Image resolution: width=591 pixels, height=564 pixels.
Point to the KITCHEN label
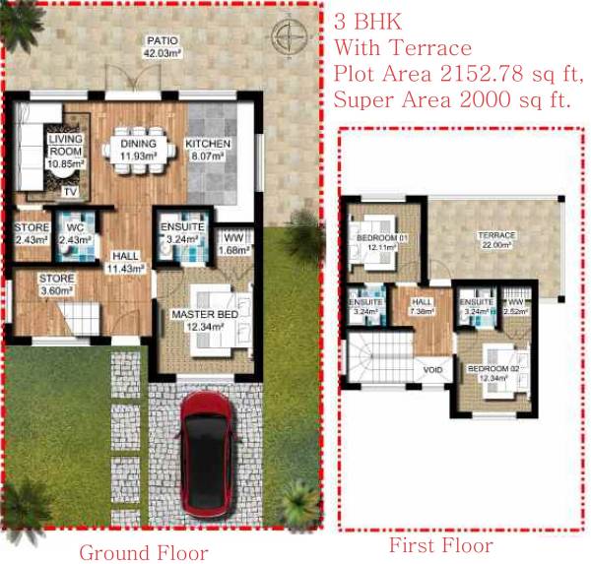[208, 145]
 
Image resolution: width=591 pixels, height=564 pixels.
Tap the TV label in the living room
[70, 191]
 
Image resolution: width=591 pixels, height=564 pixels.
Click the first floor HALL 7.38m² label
[421, 305]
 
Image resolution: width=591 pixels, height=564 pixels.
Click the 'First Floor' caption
[441, 545]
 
